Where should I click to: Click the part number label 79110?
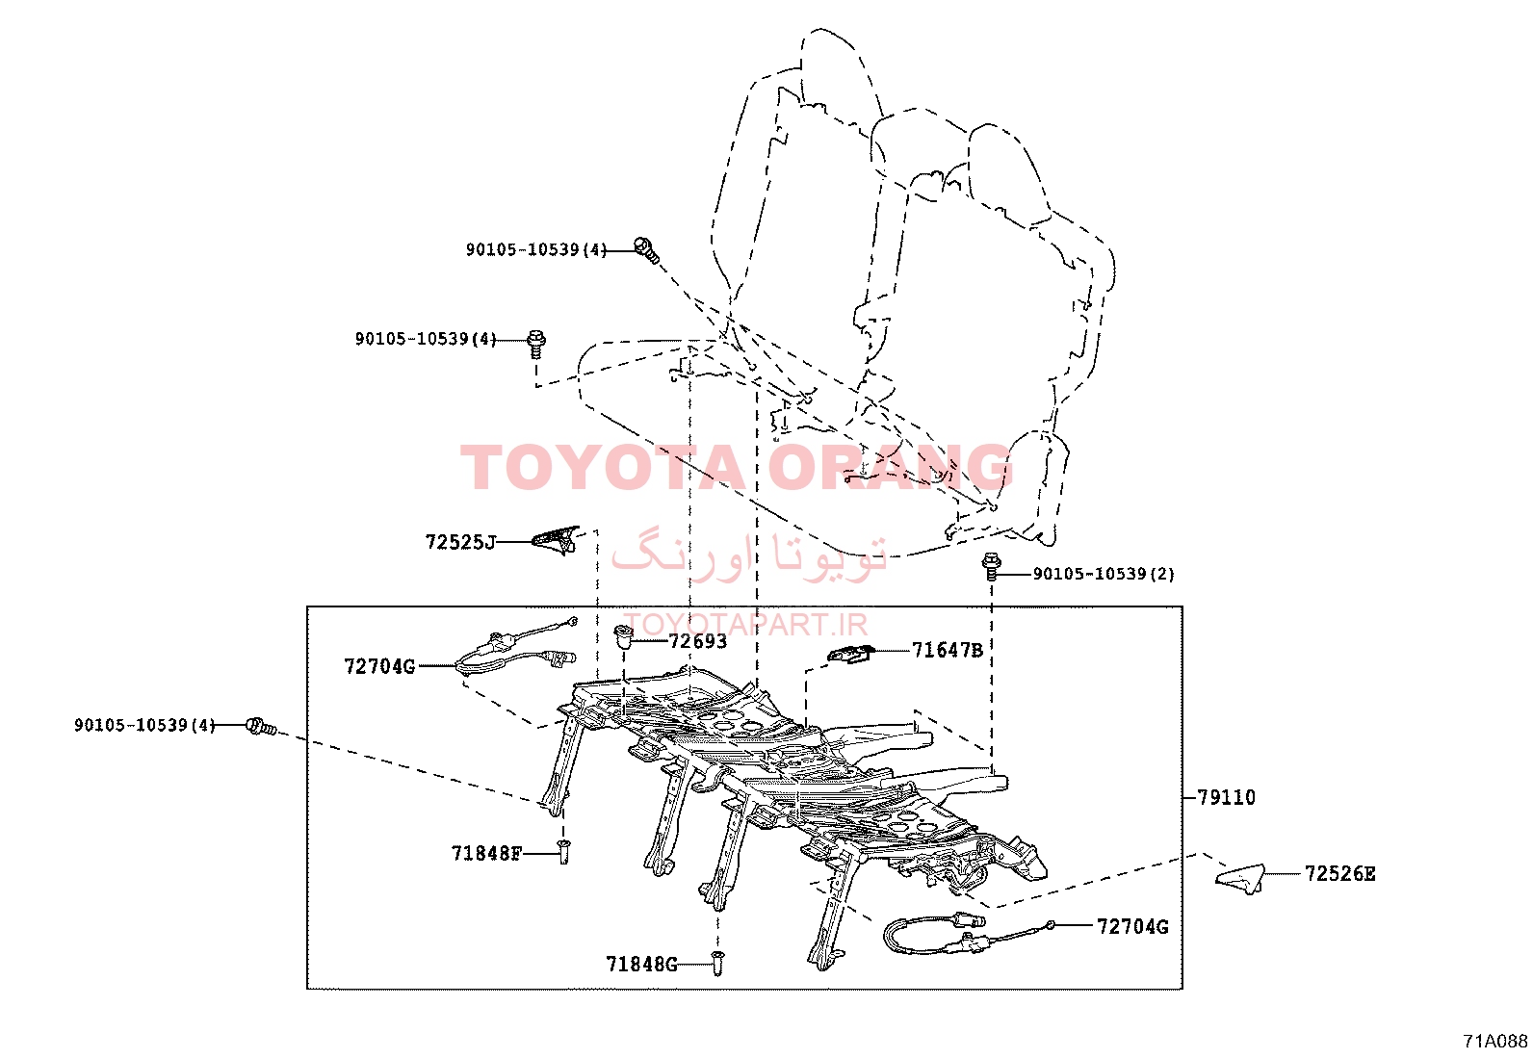pyautogui.click(x=1227, y=797)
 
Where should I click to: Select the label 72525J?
pyautogui.click(x=460, y=543)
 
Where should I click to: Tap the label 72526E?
pyautogui.click(x=1339, y=874)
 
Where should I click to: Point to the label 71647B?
pyautogui.click(x=948, y=650)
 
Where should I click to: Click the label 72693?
pyautogui.click(x=697, y=641)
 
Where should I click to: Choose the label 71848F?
pyautogui.click(x=486, y=853)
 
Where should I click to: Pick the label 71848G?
pyautogui.click(x=641, y=965)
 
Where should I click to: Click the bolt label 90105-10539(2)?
pyautogui.click(x=1104, y=574)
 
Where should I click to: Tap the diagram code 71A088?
pyautogui.click(x=1495, y=1041)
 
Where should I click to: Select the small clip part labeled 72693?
pyautogui.click(x=623, y=637)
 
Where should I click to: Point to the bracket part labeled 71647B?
pyautogui.click(x=850, y=654)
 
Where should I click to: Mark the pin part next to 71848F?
pyautogui.click(x=564, y=852)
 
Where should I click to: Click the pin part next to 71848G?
pyautogui.click(x=717, y=963)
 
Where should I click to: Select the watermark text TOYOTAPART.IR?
pyautogui.click(x=746, y=624)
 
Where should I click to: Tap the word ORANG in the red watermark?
pyautogui.click(x=890, y=468)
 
